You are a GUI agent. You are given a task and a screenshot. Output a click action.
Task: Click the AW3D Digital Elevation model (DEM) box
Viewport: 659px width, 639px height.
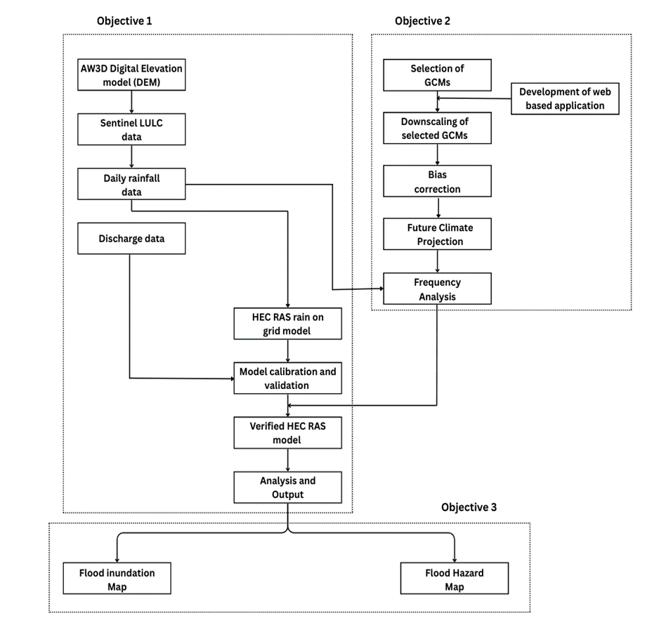click(132, 76)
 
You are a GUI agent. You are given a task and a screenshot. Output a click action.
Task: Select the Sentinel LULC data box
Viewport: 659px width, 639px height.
click(132, 129)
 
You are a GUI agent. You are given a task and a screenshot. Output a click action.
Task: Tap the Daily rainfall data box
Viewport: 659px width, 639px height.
click(132, 185)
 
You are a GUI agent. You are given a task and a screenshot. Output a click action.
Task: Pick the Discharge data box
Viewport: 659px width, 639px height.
click(132, 239)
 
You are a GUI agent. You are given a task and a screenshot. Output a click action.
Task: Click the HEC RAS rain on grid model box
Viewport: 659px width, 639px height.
click(288, 323)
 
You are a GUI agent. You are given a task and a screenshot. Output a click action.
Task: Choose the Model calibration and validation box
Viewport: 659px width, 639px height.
click(288, 378)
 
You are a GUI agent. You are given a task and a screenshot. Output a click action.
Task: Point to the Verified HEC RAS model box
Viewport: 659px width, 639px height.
click(288, 433)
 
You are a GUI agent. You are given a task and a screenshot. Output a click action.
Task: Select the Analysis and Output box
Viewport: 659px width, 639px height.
click(288, 487)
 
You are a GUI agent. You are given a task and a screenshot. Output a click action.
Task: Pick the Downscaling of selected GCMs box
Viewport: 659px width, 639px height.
click(437, 129)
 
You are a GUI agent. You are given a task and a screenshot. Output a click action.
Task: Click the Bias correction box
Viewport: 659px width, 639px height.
click(437, 181)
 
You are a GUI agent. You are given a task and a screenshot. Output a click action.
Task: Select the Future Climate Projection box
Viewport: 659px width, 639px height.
click(437, 235)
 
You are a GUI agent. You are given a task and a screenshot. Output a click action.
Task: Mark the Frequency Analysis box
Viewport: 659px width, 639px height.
click(437, 289)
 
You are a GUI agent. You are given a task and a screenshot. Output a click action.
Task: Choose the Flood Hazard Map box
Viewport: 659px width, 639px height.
click(454, 579)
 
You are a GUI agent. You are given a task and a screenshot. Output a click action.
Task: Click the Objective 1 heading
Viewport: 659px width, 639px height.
click(124, 21)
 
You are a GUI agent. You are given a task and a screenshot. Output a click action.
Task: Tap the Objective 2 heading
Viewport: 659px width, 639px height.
click(422, 21)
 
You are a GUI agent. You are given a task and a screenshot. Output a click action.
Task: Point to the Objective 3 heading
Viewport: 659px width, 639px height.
click(469, 506)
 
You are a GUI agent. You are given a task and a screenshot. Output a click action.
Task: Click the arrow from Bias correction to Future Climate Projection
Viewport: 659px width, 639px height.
click(438, 207)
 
